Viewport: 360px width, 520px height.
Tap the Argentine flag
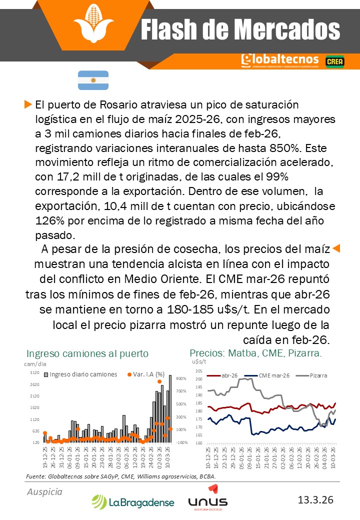pos(93,80)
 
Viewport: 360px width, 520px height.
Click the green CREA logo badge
pos(334,61)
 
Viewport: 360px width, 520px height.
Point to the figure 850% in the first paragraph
pos(288,148)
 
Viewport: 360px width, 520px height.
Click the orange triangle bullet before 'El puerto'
pos(28,104)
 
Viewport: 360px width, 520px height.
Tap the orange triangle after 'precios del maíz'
pos(336,248)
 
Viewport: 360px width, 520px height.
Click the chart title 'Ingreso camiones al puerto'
pos(87,353)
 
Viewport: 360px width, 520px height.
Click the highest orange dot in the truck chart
pos(159,381)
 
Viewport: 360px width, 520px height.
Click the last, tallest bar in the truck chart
pos(170,408)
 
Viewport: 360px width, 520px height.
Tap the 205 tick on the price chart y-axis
pos(198,371)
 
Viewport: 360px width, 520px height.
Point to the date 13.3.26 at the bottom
pos(315,499)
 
